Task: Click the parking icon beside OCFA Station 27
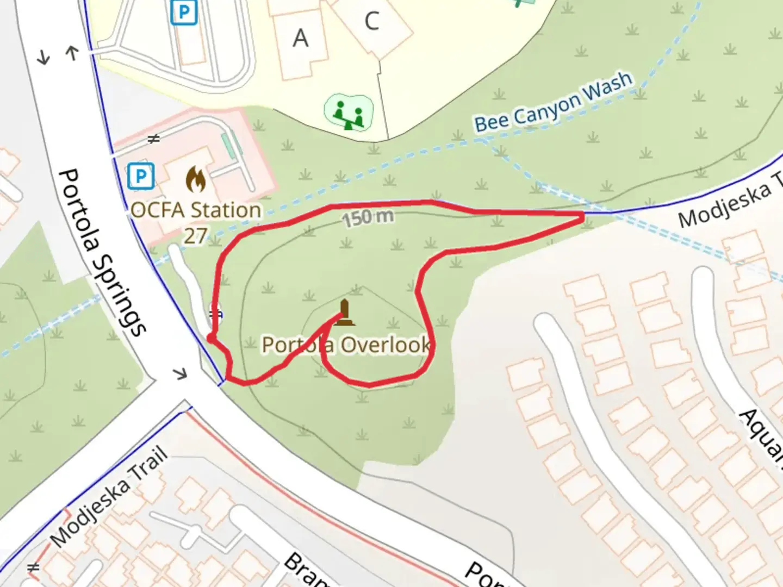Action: click(x=141, y=177)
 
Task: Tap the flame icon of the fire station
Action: click(x=195, y=179)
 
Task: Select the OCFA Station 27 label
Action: click(x=196, y=222)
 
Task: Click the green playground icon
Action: click(x=349, y=113)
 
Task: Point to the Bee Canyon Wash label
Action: click(x=553, y=102)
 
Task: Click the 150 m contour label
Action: click(x=368, y=217)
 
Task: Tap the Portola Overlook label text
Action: click(x=346, y=345)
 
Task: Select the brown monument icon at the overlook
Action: click(x=344, y=313)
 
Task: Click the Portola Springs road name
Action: click(x=102, y=252)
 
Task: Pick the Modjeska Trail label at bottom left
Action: click(x=109, y=496)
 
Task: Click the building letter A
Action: click(x=300, y=39)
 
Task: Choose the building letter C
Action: click(x=372, y=22)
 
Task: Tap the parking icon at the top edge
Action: click(x=183, y=12)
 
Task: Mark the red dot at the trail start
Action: click(x=211, y=339)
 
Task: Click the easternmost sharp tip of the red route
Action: click(x=583, y=216)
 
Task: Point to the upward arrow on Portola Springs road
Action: click(x=72, y=52)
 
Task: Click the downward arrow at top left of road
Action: click(x=43, y=57)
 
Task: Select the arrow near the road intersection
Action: click(x=180, y=373)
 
